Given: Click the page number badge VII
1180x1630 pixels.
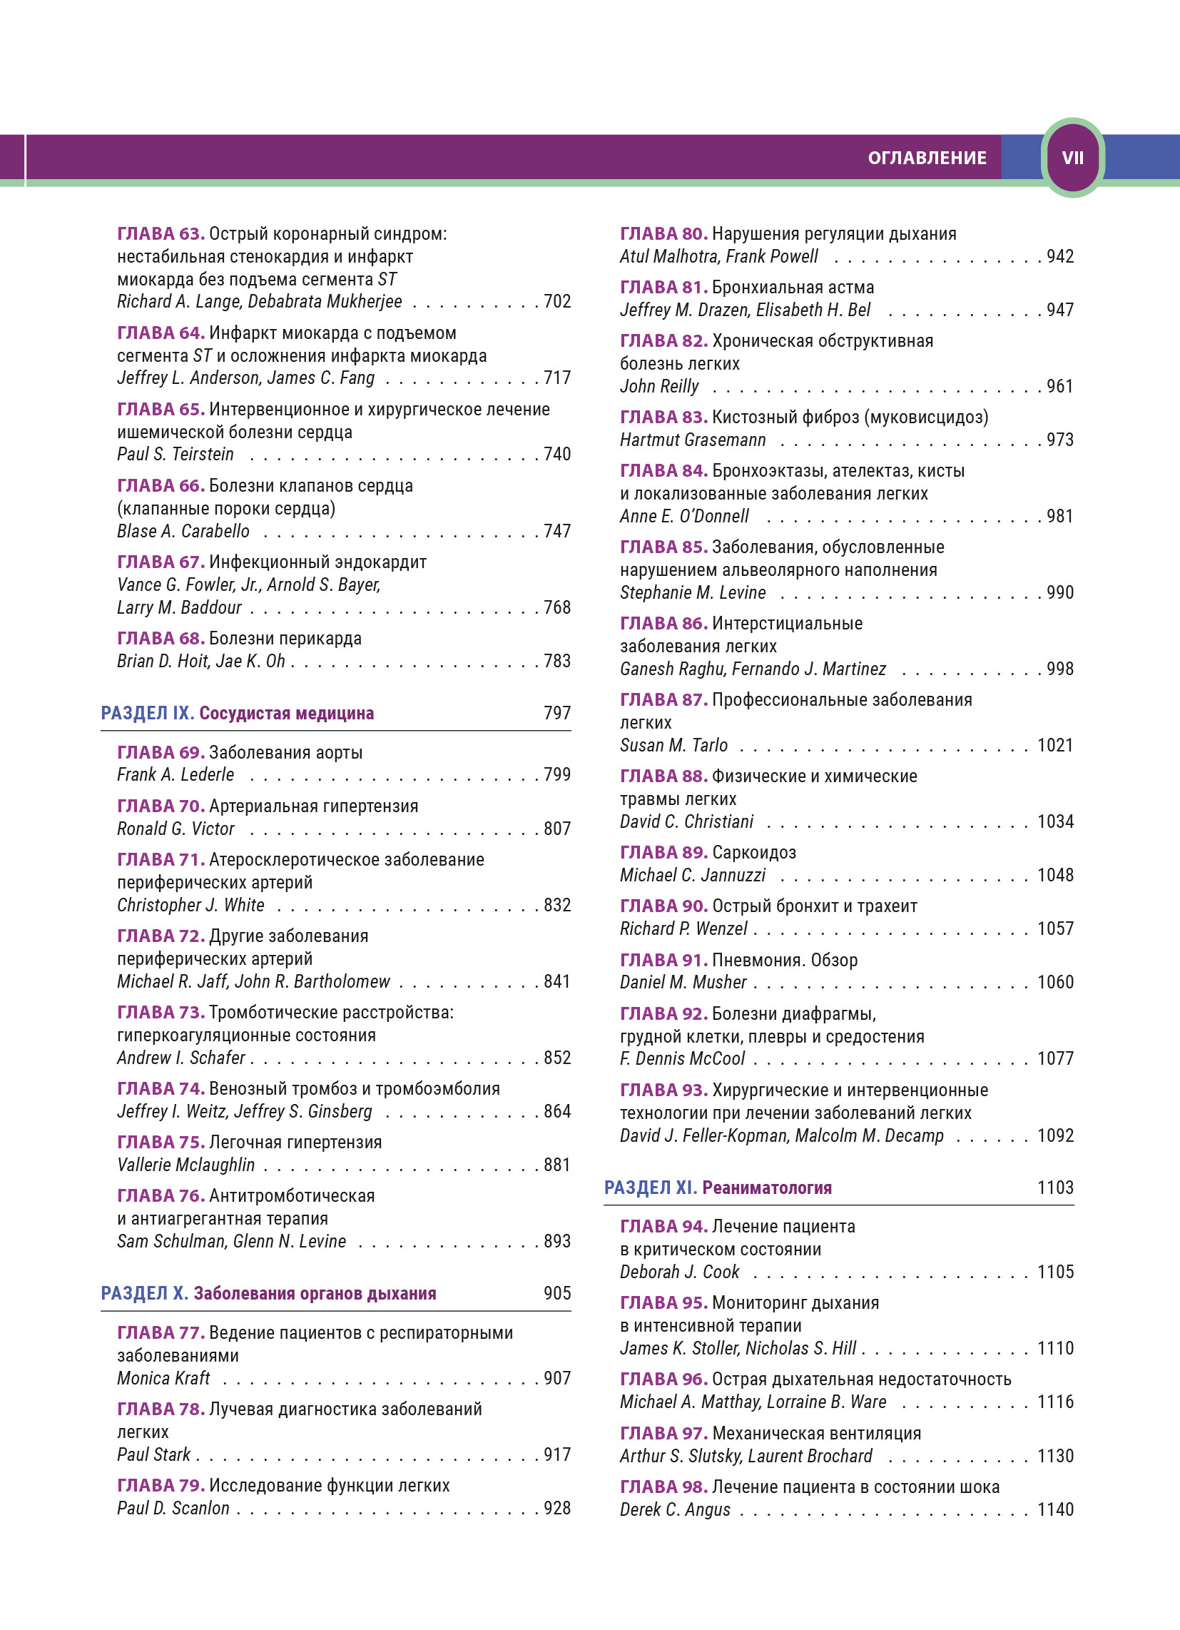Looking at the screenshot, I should [1072, 158].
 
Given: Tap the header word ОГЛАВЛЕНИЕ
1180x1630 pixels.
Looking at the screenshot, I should [927, 158].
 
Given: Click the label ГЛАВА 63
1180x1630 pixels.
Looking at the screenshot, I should [161, 233].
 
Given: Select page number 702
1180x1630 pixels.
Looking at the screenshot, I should [557, 301].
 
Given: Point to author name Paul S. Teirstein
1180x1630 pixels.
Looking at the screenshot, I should [176, 454].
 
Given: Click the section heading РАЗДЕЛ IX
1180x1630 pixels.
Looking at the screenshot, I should [147, 713].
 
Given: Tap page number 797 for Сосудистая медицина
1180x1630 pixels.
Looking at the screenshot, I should [557, 713].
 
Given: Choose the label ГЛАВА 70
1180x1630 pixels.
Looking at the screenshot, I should [161, 806].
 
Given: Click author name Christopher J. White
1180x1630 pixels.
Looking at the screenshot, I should [190, 905].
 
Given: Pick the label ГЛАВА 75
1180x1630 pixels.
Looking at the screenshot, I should [161, 1142].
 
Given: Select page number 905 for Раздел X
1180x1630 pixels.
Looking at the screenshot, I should [557, 1293].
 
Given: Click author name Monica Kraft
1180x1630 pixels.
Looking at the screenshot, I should [163, 1378].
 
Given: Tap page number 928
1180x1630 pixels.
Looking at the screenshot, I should [557, 1508].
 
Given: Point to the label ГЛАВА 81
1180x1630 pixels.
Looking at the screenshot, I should [663, 288].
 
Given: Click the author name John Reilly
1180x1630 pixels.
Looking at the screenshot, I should [659, 386].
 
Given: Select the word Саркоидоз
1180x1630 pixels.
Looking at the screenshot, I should [754, 852].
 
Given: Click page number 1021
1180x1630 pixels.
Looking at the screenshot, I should [1055, 745].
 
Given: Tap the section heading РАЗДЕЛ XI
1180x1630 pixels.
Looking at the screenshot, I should [651, 1188].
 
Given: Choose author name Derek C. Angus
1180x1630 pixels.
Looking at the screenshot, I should [675, 1509].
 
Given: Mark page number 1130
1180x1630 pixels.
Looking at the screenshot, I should [1055, 1456].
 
